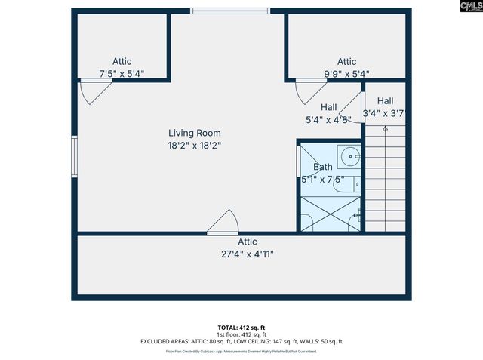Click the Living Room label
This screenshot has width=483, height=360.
[x=194, y=133]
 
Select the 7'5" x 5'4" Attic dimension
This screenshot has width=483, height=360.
[x=122, y=74]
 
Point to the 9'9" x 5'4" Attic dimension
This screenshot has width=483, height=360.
[x=346, y=74]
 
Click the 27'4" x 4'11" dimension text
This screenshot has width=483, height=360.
[x=248, y=254]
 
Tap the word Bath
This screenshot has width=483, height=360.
[x=322, y=167]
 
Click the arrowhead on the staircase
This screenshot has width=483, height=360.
[x=386, y=128]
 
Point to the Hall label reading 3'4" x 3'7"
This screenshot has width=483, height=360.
[x=385, y=107]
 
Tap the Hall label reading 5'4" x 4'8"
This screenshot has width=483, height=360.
[x=328, y=112]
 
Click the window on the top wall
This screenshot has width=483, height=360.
[x=215, y=11]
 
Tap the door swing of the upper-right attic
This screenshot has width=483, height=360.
[x=309, y=92]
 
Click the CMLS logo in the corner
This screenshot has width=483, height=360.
[x=460, y=11]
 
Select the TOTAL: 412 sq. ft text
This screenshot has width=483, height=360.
[x=241, y=327]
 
